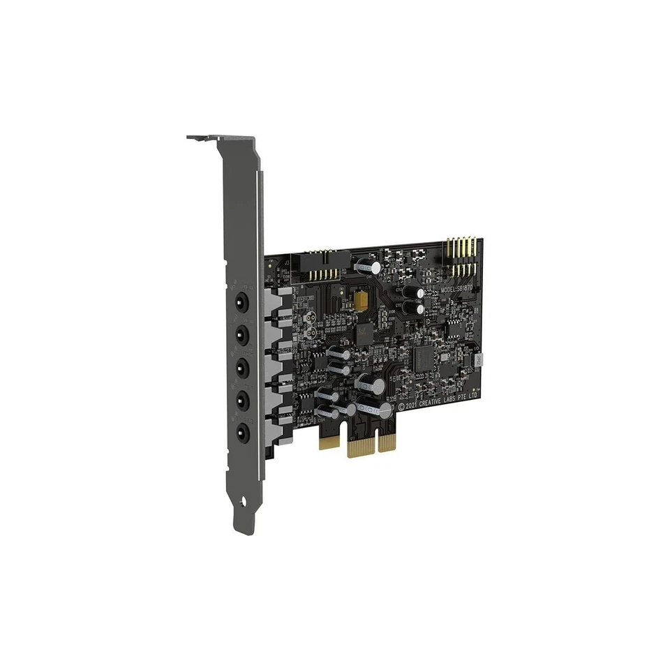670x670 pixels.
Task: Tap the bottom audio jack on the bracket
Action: [x=241, y=432]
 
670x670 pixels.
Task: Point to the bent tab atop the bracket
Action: [x=202, y=138]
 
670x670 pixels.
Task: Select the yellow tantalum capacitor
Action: [x=361, y=299]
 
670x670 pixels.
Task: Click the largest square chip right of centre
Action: [x=424, y=358]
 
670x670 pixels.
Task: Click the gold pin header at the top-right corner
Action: [x=462, y=257]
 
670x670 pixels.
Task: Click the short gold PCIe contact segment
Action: [x=328, y=440]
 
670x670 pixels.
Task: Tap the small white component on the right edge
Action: [x=479, y=360]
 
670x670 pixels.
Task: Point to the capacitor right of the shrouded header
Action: [x=368, y=267]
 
